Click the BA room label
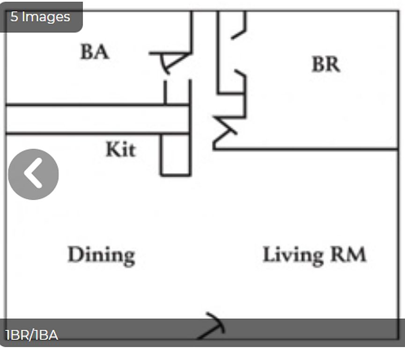[x=95, y=52]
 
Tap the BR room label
[x=326, y=64]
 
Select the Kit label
[x=120, y=150]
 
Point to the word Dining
[x=101, y=255]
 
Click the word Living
[x=293, y=255]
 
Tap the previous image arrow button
[x=33, y=174]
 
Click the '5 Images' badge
[x=41, y=17]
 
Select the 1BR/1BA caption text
[x=32, y=335]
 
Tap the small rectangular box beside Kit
[x=176, y=155]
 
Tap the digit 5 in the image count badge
[x=15, y=17]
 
